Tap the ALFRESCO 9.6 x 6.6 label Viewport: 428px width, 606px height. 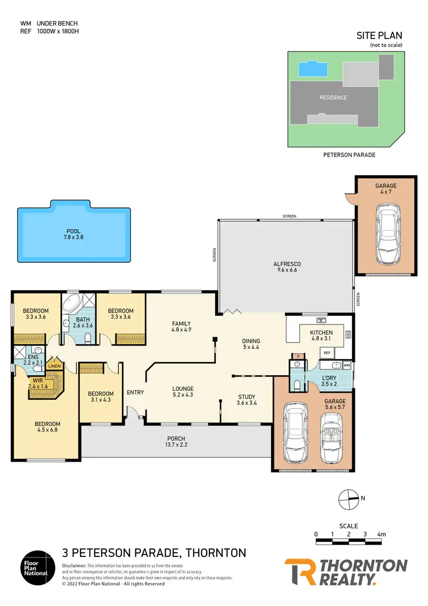pyautogui.click(x=287, y=267)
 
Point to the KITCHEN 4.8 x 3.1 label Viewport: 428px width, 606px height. pyautogui.click(x=321, y=335)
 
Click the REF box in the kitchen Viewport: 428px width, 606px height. pyautogui.click(x=327, y=354)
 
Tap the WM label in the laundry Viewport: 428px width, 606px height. pyautogui.click(x=346, y=364)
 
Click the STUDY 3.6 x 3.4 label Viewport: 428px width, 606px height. pyautogui.click(x=247, y=400)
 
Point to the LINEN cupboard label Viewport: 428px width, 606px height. pyautogui.click(x=54, y=366)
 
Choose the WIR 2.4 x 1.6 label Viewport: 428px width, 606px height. pyautogui.click(x=38, y=383)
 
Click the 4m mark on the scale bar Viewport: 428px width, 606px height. pyautogui.click(x=381, y=535)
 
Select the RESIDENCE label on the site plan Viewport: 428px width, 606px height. pyautogui.click(x=333, y=98)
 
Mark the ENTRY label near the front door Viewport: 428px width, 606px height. pyautogui.click(x=135, y=392)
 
